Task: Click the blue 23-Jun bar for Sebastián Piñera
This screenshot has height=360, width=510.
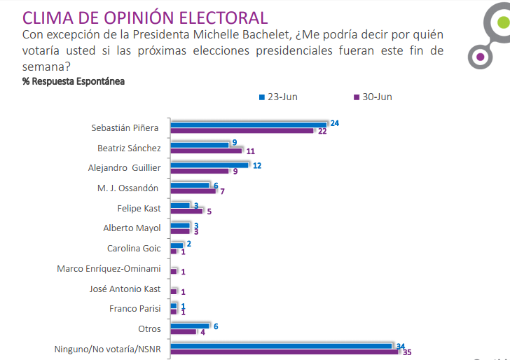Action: click(x=249, y=124)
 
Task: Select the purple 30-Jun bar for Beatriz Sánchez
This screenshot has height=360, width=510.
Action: click(x=206, y=150)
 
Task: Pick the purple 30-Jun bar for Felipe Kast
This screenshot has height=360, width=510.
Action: click(x=186, y=210)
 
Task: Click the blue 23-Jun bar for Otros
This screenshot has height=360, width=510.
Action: click(x=189, y=325)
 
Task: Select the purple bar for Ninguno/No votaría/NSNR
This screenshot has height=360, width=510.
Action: click(x=284, y=352)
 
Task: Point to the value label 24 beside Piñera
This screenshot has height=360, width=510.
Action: click(x=335, y=123)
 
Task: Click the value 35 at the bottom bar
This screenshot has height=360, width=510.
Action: click(x=407, y=352)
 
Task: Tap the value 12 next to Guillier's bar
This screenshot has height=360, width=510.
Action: click(x=256, y=165)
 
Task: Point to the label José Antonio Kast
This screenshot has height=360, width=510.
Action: click(x=125, y=289)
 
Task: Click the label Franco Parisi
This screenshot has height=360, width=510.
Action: click(x=135, y=309)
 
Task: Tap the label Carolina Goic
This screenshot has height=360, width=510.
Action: click(x=134, y=248)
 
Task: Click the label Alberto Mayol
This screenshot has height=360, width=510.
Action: click(x=132, y=228)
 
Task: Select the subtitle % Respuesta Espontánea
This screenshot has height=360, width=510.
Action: click(x=74, y=81)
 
